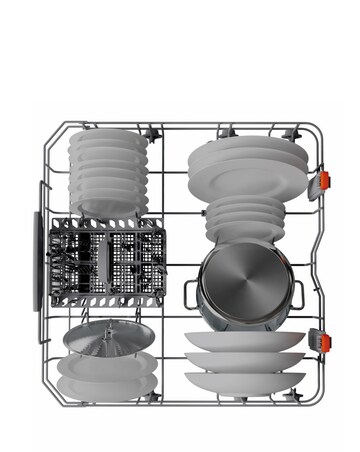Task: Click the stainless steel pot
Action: pos(243,284)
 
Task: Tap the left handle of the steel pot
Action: pos(191,291)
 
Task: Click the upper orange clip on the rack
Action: pos(322,181)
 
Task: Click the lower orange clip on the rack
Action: pos(322,340)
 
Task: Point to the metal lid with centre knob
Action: pos(100,337)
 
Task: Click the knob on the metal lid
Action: pos(100,325)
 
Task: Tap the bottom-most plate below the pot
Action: pos(246,381)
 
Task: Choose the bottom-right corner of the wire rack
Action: pos(318,400)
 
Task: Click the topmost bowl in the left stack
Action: pos(108,142)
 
